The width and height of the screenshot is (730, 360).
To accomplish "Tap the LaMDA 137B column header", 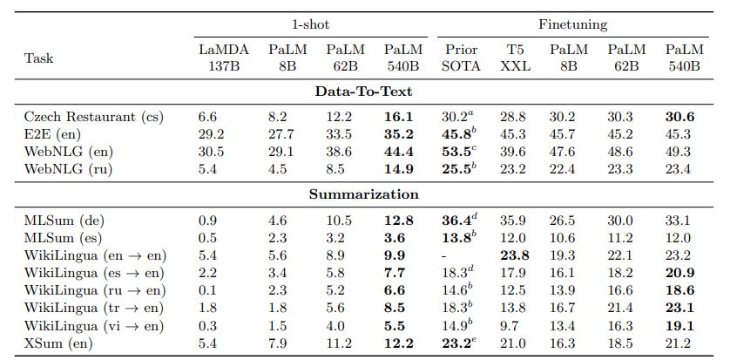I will point(218,58).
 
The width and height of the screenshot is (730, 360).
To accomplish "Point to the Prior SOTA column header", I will point(462,58).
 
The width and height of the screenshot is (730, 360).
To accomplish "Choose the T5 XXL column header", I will point(517,58).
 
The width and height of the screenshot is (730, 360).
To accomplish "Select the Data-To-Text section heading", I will point(364,91).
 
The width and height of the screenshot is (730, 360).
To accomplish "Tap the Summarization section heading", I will point(364,194).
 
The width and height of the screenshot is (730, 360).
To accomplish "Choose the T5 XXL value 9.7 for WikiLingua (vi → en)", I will point(513,326).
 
